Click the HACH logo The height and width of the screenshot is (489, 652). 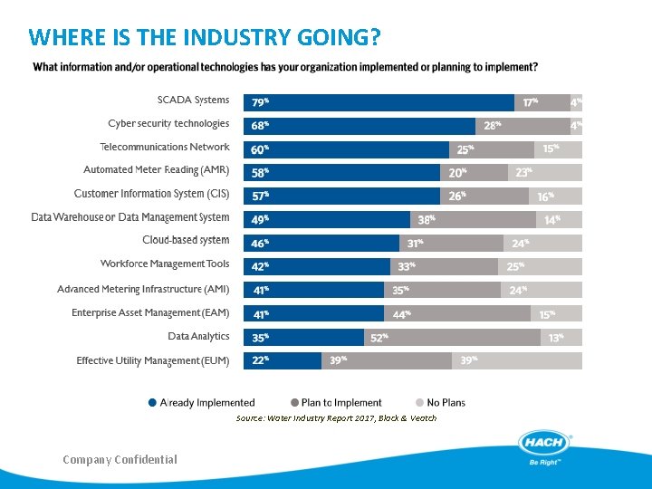[x=545, y=445]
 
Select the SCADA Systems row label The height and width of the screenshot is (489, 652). [x=193, y=101]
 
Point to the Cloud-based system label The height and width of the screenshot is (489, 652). [x=186, y=241]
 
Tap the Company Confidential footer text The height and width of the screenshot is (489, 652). [x=120, y=460]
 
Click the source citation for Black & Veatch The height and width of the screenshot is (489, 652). [x=336, y=418]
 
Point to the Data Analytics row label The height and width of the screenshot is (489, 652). [x=198, y=337]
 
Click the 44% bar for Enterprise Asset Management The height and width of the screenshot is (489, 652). [x=457, y=313]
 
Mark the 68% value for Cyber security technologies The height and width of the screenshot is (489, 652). [x=260, y=126]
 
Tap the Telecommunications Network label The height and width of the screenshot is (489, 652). [x=165, y=147]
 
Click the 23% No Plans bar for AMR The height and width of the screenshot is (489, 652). [x=545, y=172]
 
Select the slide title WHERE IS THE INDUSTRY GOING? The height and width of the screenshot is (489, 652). [x=205, y=38]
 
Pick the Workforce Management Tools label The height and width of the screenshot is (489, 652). [x=165, y=264]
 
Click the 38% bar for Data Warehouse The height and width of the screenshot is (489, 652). [x=473, y=219]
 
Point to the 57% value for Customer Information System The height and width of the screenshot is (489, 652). [x=260, y=196]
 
